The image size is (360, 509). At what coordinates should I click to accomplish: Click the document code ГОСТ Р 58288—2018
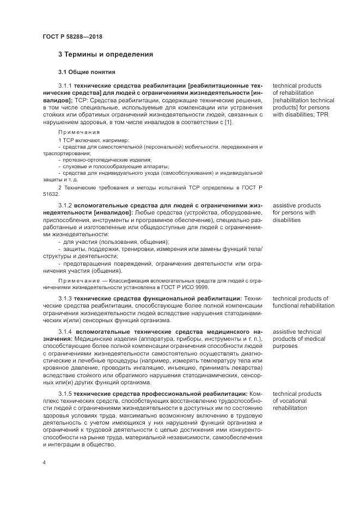[x=72, y=36]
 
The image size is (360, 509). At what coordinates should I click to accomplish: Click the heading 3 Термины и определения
[x=105, y=54]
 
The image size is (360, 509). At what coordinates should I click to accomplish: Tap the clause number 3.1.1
[x=65, y=86]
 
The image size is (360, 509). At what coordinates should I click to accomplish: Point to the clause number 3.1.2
[x=65, y=206]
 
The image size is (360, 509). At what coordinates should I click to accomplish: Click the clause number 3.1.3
[x=65, y=298]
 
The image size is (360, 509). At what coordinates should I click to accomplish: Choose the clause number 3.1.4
[x=65, y=332]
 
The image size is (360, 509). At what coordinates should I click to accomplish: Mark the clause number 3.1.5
[x=65, y=394]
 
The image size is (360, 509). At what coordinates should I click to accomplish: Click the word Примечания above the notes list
[x=79, y=132]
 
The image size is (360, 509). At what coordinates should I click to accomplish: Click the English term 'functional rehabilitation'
[x=303, y=306]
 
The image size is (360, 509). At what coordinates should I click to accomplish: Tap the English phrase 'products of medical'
[x=299, y=339]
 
